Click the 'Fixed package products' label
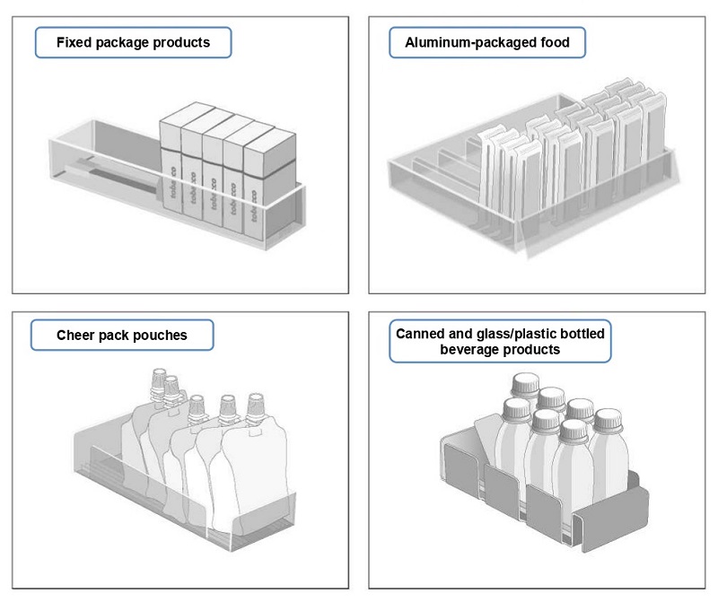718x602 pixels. click(x=133, y=42)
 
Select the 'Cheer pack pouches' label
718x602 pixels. click(x=122, y=336)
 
